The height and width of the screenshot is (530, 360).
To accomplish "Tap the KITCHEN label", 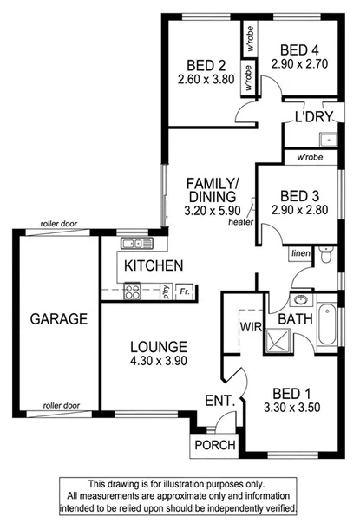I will click(153, 265).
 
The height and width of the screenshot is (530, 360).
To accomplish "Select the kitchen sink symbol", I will click(132, 244).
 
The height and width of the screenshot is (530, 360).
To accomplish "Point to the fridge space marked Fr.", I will click(185, 291).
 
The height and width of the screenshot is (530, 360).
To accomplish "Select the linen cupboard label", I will click(300, 252).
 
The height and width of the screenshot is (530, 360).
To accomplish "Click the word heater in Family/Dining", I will click(240, 221).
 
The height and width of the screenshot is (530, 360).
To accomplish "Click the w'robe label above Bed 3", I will click(311, 159).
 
